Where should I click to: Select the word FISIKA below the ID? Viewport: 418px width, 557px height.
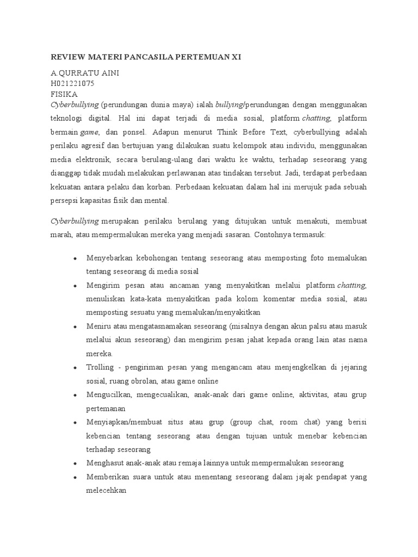64,94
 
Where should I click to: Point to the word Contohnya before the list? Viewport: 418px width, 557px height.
271,234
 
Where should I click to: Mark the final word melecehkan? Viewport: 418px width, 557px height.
106,490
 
